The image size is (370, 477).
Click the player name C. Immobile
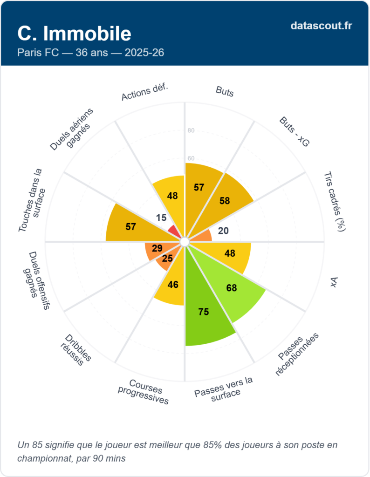(x=74, y=33)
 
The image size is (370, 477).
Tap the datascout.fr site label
(x=321, y=26)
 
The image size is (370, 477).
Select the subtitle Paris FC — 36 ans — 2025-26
(x=90, y=53)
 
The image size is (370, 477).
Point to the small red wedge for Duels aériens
(x=174, y=231)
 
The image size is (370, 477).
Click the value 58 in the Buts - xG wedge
(x=224, y=201)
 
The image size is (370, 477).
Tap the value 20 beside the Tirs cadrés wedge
(x=223, y=231)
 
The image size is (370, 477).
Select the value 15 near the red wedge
(x=161, y=218)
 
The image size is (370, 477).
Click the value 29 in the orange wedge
(x=157, y=249)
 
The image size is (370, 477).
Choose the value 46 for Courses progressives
(x=173, y=284)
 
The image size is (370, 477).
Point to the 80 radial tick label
(x=191, y=130)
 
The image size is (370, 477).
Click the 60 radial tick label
(x=191, y=158)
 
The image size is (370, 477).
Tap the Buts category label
(x=225, y=91)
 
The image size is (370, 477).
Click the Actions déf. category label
(x=144, y=93)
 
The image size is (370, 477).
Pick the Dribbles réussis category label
(x=75, y=350)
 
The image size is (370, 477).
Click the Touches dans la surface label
(x=33, y=200)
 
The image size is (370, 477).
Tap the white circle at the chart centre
(x=185, y=242)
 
